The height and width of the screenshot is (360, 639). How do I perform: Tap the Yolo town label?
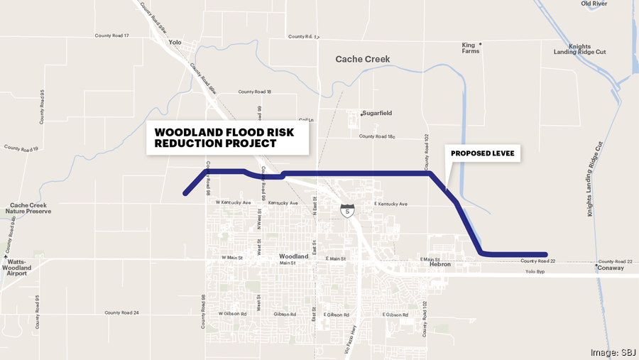(175, 42)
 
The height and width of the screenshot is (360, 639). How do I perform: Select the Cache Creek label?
(363, 60)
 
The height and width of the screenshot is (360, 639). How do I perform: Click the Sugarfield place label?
(378, 113)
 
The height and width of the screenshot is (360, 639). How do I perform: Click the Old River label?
(594, 4)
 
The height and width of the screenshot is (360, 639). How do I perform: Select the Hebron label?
(440, 265)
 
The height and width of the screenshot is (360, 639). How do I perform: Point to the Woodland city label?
(293, 256)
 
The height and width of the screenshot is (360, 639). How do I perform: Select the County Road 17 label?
(112, 35)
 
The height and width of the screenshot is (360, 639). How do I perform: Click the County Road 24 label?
(122, 312)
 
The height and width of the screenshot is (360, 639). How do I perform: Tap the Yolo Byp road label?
(539, 272)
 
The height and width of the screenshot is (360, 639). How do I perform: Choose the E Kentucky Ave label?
(390, 204)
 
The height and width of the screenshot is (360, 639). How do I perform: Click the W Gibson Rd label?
(232, 313)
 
